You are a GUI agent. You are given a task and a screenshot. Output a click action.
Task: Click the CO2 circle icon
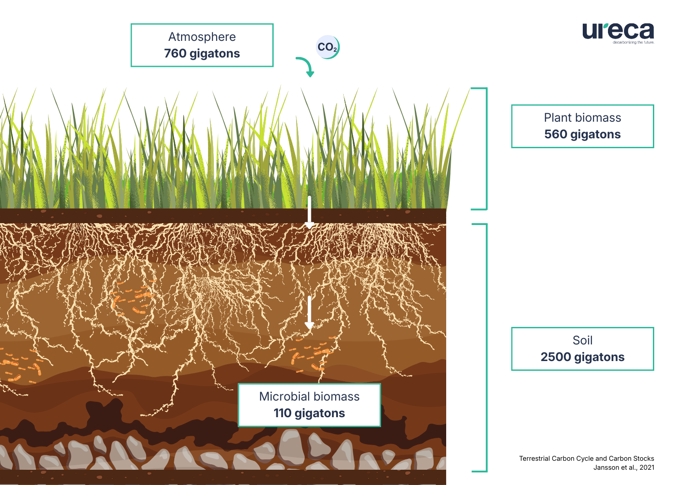pyautogui.click(x=328, y=47)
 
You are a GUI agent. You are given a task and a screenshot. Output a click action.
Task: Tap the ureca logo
pyautogui.click(x=618, y=31)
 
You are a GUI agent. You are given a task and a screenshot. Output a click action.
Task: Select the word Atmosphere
pyautogui.click(x=202, y=37)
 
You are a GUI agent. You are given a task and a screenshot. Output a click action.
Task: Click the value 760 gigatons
pyautogui.click(x=202, y=53)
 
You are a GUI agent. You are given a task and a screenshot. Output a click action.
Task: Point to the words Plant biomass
pyautogui.click(x=582, y=118)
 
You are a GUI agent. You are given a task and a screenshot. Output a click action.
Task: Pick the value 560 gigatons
pyautogui.click(x=582, y=134)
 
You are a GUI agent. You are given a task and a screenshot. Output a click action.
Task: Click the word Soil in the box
pyautogui.click(x=582, y=340)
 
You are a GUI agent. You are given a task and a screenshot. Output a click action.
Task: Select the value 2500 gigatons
pyautogui.click(x=582, y=357)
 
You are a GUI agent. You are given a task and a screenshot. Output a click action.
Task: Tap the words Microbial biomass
pyautogui.click(x=309, y=397)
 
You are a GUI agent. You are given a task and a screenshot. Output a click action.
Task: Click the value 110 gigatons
pyautogui.click(x=309, y=413)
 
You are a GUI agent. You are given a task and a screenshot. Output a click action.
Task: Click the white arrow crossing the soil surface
pyautogui.click(x=309, y=212)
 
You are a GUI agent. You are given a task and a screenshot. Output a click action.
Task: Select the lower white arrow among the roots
pyautogui.click(x=309, y=313)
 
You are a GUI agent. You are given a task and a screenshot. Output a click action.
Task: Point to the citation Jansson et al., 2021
pyautogui.click(x=624, y=467)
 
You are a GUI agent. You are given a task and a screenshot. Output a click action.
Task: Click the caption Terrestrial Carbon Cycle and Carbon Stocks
pyautogui.click(x=586, y=459)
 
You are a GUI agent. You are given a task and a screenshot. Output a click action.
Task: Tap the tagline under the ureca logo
pyautogui.click(x=633, y=43)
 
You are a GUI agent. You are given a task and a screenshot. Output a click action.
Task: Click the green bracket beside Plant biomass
pyautogui.click(x=486, y=149)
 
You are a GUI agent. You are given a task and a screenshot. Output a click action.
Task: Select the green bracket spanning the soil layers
pyautogui.click(x=486, y=348)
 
